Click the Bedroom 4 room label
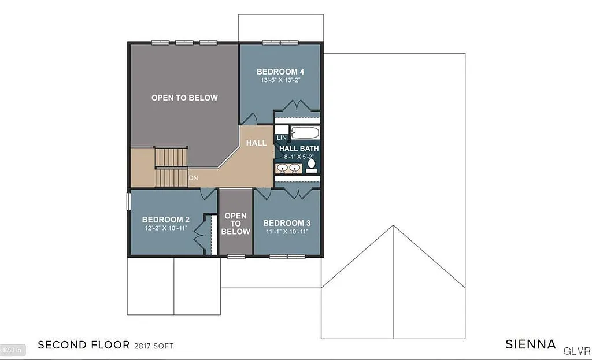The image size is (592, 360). [280, 72]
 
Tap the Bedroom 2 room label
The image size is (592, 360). [166, 220]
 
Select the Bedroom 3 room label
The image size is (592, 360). [287, 223]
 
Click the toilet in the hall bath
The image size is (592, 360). [311, 165]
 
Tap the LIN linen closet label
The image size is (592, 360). [282, 138]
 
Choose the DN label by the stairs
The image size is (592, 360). [194, 178]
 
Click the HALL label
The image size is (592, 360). [257, 143]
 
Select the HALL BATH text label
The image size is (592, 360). [299, 149]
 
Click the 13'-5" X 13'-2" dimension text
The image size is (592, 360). [280, 80]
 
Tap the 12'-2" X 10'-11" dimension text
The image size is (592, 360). [166, 228]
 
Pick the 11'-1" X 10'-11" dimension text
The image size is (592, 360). [287, 232]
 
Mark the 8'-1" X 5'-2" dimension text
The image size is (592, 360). [299, 157]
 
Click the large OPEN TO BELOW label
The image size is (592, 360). [184, 98]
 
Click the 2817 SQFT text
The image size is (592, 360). [153, 346]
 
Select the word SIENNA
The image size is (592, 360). [531, 345]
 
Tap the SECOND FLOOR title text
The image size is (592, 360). [84, 346]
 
